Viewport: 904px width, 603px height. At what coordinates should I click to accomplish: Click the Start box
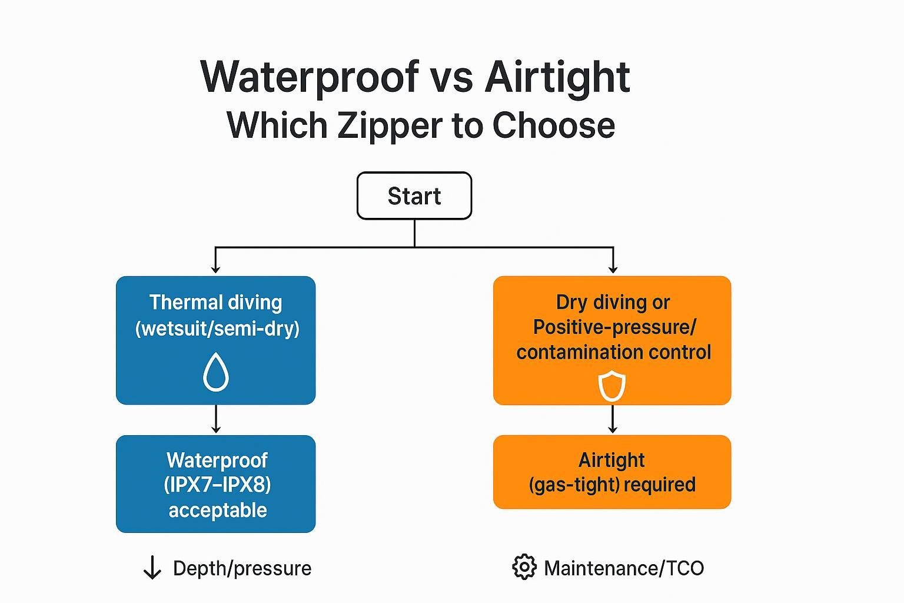pyautogui.click(x=414, y=196)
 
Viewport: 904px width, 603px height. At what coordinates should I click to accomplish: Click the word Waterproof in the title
pyautogui.click(x=310, y=77)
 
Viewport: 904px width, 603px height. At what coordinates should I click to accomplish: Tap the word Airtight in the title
pyautogui.click(x=557, y=77)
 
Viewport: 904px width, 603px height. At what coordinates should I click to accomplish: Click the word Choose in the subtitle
pyautogui.click(x=553, y=125)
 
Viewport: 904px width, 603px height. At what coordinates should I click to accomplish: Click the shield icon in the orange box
pyautogui.click(x=611, y=386)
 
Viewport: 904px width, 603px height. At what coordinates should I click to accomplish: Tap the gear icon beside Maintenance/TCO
pyautogui.click(x=524, y=568)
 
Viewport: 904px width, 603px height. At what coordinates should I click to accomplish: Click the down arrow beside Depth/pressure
pyautogui.click(x=152, y=568)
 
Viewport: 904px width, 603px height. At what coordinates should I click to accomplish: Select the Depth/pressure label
pyautogui.click(x=242, y=568)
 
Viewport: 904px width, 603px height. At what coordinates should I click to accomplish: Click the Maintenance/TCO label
pyautogui.click(x=624, y=568)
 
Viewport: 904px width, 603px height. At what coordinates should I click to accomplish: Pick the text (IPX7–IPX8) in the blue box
pyautogui.click(x=217, y=485)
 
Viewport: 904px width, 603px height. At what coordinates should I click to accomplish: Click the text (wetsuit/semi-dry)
pyautogui.click(x=217, y=328)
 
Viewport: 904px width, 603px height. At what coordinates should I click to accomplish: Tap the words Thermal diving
pyautogui.click(x=215, y=302)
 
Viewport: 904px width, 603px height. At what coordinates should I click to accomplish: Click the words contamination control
pyautogui.click(x=613, y=352)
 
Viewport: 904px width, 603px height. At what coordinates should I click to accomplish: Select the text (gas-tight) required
pyautogui.click(x=612, y=485)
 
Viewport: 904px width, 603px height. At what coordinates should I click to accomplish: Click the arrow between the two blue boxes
pyautogui.click(x=215, y=419)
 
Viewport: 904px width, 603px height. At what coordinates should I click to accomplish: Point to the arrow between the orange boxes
pyautogui.click(x=613, y=419)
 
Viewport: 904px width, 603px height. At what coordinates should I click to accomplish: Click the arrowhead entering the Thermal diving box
pyautogui.click(x=215, y=269)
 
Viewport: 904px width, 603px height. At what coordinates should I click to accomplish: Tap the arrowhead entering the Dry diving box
pyautogui.click(x=613, y=269)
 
